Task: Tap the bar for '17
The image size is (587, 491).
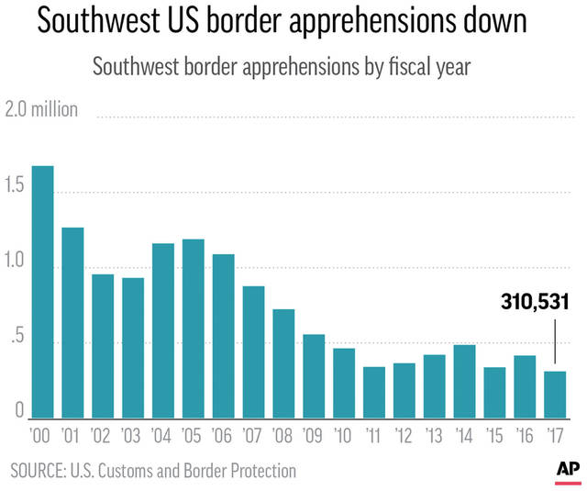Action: pyautogui.click(x=555, y=395)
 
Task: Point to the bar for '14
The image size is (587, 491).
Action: pyautogui.click(x=464, y=381)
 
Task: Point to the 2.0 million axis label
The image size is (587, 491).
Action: pyautogui.click(x=42, y=110)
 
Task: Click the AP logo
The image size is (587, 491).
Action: pyautogui.click(x=567, y=469)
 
